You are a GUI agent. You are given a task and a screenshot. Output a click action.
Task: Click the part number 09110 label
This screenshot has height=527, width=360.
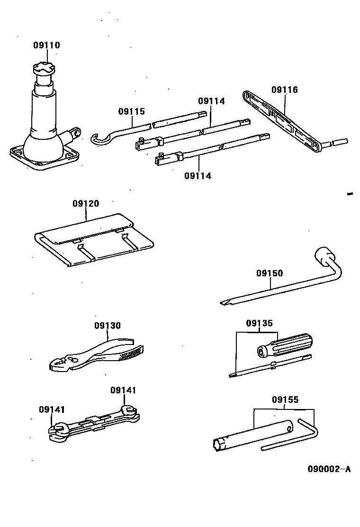tap(46, 45)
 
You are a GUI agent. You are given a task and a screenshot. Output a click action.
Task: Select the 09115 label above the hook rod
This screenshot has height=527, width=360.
tap(131, 112)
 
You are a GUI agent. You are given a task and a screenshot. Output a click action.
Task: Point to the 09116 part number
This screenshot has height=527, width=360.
tap(285, 90)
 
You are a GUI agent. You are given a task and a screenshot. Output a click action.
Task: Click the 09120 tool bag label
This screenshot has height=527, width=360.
tap(86, 204)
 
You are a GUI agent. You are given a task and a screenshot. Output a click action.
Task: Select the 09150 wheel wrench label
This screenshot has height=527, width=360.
tap(270, 273)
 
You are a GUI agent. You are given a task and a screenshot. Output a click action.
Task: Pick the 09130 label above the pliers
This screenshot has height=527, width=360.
tap(107, 326)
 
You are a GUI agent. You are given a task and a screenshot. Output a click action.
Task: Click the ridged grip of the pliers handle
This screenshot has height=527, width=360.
tap(133, 352)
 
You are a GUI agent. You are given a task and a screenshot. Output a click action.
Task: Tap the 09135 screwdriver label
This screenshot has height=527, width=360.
tap(259, 324)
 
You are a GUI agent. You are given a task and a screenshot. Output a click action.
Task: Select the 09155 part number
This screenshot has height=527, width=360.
tap(285, 400)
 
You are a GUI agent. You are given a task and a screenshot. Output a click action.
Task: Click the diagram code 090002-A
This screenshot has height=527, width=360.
tap(329, 469)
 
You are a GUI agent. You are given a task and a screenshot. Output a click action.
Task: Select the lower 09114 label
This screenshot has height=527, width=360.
tap(198, 176)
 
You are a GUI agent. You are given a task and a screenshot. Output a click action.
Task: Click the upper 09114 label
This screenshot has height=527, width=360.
tap(211, 101)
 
